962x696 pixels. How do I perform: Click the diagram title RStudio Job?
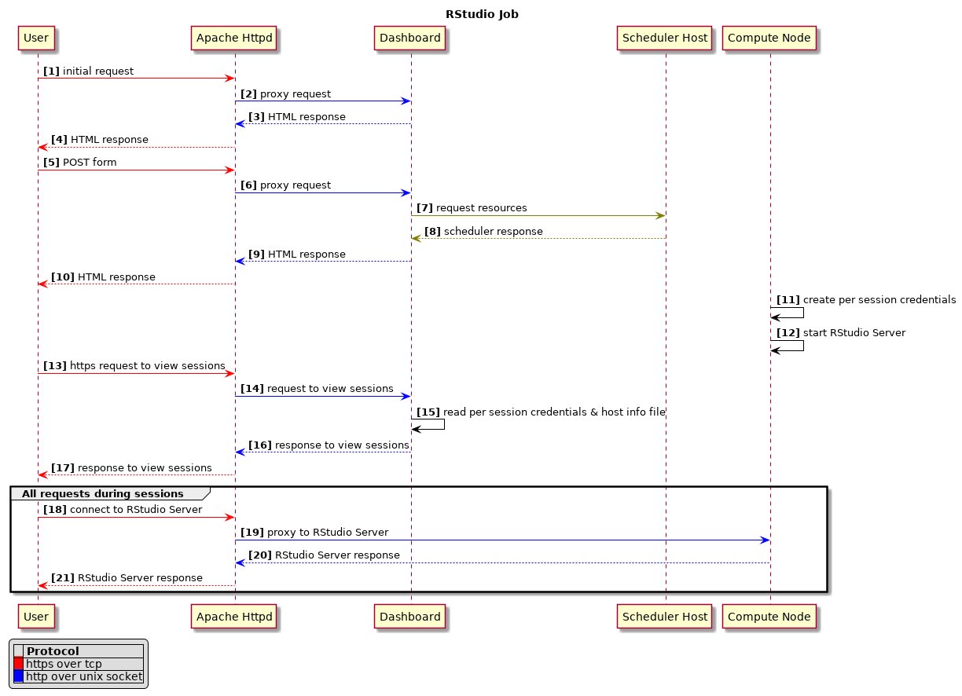coord(481,14)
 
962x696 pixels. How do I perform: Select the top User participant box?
coord(36,38)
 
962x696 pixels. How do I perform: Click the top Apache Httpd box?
coord(234,38)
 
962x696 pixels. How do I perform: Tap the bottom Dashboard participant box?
coord(409,617)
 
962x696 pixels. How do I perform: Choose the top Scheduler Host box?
coord(664,38)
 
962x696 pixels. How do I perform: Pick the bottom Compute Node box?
coord(769,617)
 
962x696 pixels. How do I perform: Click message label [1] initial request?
coord(88,71)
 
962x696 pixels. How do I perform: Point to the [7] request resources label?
coord(472,208)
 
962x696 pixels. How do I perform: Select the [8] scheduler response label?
coord(483,232)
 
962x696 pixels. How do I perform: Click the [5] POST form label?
coord(79,163)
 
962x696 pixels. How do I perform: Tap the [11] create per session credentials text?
coord(866,300)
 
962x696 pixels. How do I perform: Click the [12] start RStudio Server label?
coord(840,333)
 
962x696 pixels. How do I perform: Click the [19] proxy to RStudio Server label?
coord(314,533)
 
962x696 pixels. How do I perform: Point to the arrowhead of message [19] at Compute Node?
coord(765,540)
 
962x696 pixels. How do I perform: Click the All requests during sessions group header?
coord(102,494)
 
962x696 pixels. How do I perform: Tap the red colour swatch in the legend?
coord(18,664)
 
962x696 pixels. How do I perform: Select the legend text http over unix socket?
coord(84,676)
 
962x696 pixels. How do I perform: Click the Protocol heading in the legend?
coord(53,651)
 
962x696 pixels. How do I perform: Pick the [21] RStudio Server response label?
coord(127,578)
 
